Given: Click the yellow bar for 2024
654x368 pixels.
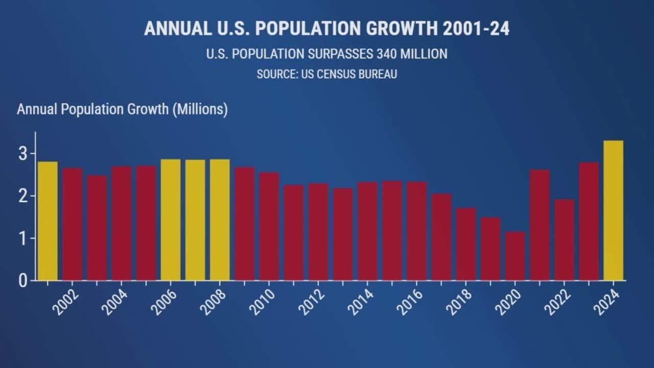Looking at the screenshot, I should pos(613,211).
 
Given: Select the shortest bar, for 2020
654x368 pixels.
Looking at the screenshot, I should pos(515,256).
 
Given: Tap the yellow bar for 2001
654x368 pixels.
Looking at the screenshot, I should pos(48,221).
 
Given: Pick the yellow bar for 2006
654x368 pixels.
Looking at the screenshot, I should pos(171,220).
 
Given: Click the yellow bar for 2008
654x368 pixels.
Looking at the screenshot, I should pos(220,220).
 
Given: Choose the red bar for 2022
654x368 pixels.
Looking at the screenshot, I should pos(564,240).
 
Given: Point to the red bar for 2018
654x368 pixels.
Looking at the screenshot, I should pos(466,244).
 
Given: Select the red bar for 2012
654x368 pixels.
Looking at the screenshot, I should pos(318,232).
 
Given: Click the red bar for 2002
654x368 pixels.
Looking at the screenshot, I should pos(72,224).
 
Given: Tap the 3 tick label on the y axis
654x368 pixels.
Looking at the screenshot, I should pos(24,154).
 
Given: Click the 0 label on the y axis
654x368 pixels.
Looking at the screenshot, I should pos(24,281).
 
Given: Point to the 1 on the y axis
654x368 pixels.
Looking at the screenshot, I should pos(24,238).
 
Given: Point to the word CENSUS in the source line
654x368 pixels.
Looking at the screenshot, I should pos(335,74).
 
